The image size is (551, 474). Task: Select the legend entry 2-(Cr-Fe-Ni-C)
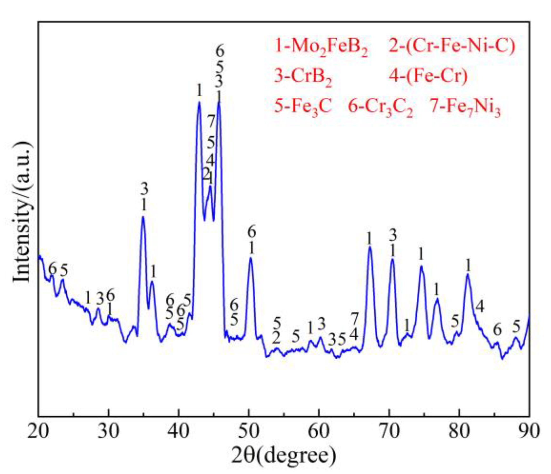tap(452, 46)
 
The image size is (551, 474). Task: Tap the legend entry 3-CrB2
tap(303, 77)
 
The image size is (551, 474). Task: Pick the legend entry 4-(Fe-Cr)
tap(428, 76)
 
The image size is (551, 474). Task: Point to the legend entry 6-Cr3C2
tap(380, 107)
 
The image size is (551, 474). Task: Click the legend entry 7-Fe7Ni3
tap(465, 107)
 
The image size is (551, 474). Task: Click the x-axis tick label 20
tap(38, 431)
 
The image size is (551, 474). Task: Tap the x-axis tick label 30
tap(108, 431)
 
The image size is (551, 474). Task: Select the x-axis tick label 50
tap(249, 431)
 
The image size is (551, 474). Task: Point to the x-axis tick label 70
tap(389, 431)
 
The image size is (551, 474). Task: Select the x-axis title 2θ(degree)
tap(283, 456)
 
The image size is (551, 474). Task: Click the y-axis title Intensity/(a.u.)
tap(22, 212)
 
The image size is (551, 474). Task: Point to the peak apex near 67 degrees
tap(370, 247)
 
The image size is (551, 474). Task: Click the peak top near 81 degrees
tap(467, 274)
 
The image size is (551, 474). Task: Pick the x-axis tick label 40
tap(178, 431)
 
